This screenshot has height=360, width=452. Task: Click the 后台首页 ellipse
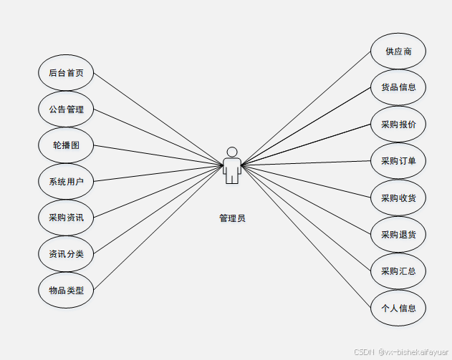click(x=66, y=73)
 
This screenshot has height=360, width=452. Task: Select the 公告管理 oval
click(x=66, y=110)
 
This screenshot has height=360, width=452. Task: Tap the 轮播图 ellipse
click(x=66, y=145)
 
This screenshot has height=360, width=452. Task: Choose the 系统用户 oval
click(x=66, y=182)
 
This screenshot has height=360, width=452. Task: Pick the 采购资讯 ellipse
click(x=66, y=218)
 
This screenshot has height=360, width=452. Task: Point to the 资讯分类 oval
click(x=66, y=253)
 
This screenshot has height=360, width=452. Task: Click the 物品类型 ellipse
click(x=66, y=290)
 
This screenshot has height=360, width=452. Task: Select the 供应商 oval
click(x=398, y=52)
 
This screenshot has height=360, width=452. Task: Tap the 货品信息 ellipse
click(x=398, y=87)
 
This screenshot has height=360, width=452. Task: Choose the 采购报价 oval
click(x=398, y=125)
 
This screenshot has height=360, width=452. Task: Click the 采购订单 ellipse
click(x=398, y=161)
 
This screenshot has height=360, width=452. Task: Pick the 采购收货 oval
click(x=398, y=198)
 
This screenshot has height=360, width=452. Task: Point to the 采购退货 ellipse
click(x=398, y=234)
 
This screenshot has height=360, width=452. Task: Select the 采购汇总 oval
click(x=398, y=271)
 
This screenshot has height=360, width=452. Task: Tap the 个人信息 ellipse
click(x=398, y=308)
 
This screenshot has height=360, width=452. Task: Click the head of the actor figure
click(x=231, y=151)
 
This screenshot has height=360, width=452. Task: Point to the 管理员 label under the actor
click(x=232, y=218)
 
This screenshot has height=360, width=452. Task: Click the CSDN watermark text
click(x=365, y=352)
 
